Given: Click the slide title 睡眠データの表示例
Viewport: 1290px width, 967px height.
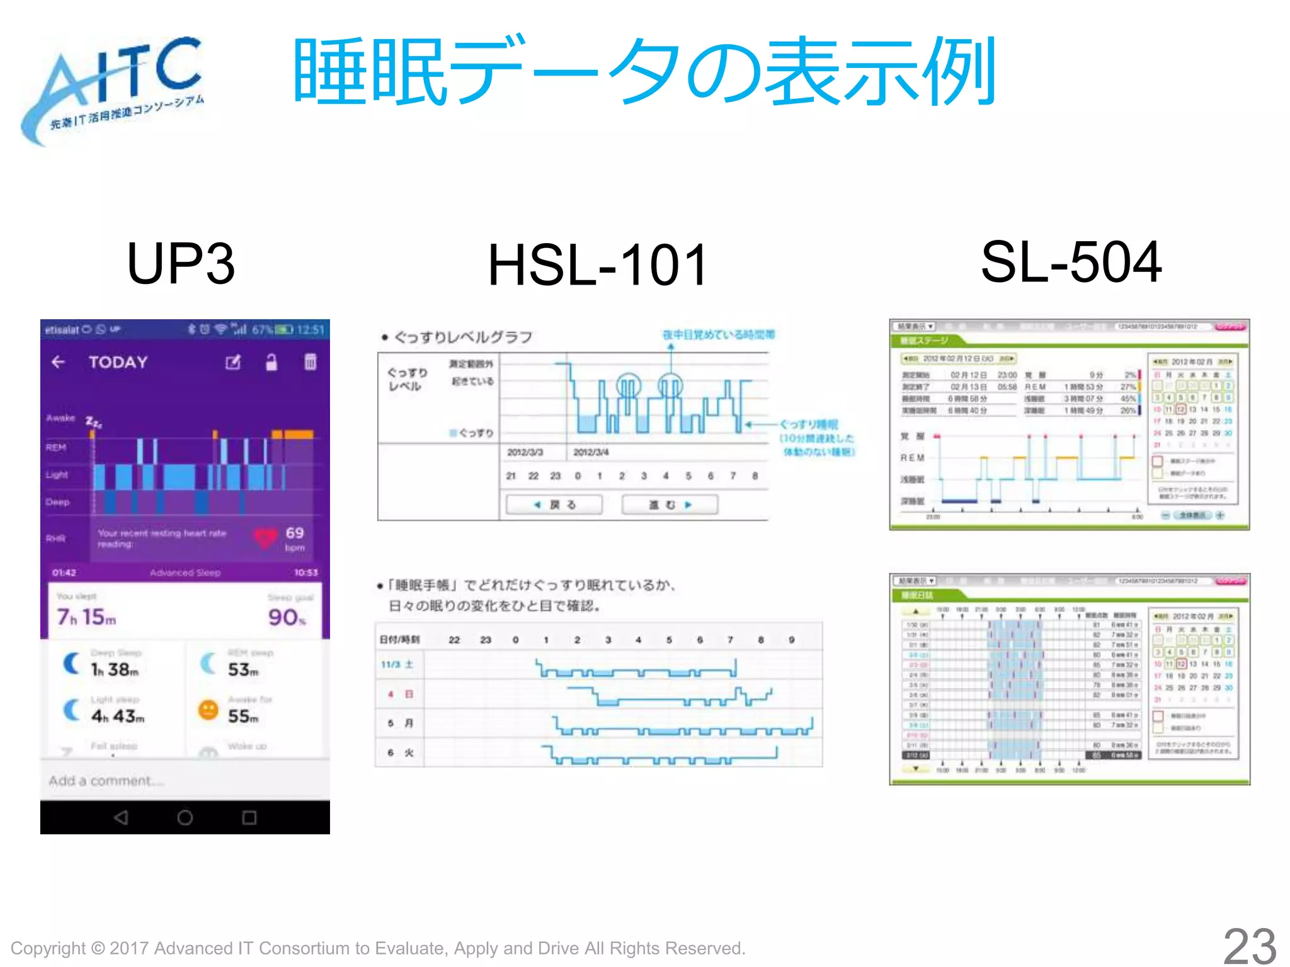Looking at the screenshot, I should coord(642,72).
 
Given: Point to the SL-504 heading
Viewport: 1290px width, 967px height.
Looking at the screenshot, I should coord(1071,263).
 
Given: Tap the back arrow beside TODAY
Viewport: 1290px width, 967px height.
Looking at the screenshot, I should coord(59,362).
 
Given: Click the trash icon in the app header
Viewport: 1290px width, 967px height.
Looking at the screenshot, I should coord(311,362).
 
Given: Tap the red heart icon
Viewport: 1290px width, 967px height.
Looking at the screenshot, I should coord(265,537).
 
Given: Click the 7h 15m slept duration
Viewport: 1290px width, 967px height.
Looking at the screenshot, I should coord(86,617).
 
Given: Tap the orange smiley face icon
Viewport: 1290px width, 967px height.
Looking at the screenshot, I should coord(208,711).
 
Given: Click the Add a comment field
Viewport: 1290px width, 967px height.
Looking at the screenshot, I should coord(107,781).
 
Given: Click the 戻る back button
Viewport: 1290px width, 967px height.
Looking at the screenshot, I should coord(554,505).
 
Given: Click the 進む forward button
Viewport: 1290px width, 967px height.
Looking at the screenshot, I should coord(670,505).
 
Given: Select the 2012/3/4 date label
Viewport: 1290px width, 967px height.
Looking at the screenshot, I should coord(591,453).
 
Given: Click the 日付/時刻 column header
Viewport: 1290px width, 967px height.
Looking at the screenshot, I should coord(399,640).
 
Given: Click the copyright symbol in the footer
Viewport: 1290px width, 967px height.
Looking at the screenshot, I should coord(98,948).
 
